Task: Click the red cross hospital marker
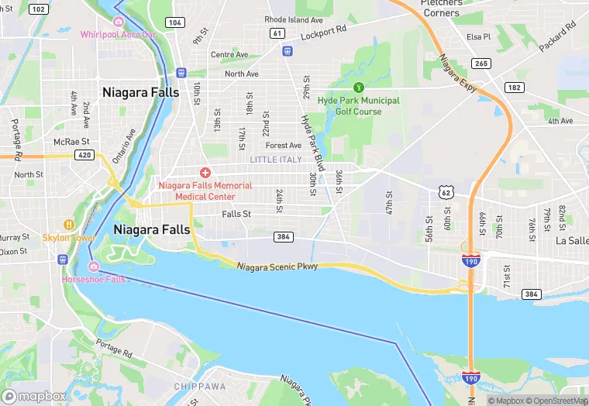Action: coord(205,172)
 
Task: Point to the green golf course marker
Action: coord(358,88)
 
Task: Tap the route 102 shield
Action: coord(37,9)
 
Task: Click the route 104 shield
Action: coord(175,22)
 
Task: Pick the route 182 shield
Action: coord(514,88)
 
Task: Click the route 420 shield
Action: coord(85,155)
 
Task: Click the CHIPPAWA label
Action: coord(199,386)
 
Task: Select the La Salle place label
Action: coord(572,240)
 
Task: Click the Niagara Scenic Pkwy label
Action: coord(277,267)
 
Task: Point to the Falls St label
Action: coord(236,214)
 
